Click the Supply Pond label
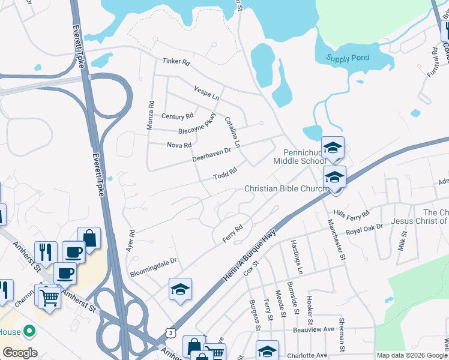[x=348, y=58]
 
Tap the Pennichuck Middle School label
[x=300, y=157]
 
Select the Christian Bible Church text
[x=286, y=189]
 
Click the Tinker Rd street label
[x=176, y=61]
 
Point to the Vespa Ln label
[x=207, y=92]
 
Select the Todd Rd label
[x=226, y=173]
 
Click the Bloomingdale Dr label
[x=154, y=267]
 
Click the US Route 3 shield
[x=172, y=332]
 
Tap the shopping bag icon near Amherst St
[x=89, y=238]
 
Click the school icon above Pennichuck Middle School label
[x=333, y=148]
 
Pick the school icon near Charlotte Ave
[x=268, y=350]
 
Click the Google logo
[x=20, y=353]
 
